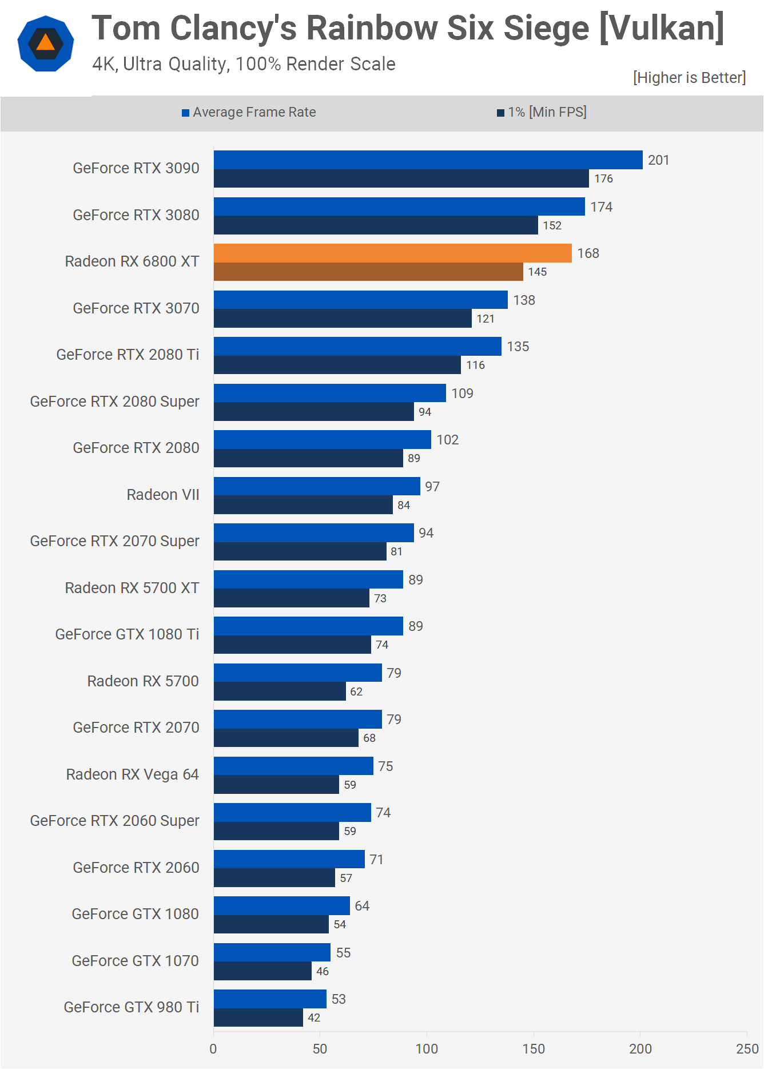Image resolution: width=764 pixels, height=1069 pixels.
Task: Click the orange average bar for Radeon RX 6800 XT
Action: click(392, 253)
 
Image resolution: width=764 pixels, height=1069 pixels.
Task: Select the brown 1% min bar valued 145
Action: click(368, 272)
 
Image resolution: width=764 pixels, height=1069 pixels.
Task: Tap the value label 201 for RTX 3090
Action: click(658, 160)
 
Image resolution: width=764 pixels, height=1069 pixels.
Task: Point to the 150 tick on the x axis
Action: click(534, 1048)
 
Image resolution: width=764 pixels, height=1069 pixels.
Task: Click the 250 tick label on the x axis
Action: click(747, 1048)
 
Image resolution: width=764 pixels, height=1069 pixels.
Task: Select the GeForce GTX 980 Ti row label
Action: click(131, 1007)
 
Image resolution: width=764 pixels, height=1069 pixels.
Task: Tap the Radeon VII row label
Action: click(163, 494)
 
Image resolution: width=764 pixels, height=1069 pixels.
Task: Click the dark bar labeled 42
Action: click(258, 1018)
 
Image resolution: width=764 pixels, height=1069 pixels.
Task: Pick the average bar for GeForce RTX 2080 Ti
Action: click(357, 347)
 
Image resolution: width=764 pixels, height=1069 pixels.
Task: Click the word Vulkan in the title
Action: click(661, 28)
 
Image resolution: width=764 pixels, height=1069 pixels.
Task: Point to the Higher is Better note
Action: click(689, 78)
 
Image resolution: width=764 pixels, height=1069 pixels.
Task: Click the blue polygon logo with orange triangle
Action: click(46, 43)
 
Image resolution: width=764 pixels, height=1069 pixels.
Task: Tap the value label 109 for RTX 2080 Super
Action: click(462, 394)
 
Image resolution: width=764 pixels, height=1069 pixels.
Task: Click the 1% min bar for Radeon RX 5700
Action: click(280, 692)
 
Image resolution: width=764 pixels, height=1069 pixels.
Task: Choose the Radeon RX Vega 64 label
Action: click(132, 774)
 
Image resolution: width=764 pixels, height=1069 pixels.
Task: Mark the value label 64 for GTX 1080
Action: click(362, 906)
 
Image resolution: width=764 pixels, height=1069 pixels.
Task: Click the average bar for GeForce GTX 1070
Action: click(272, 952)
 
